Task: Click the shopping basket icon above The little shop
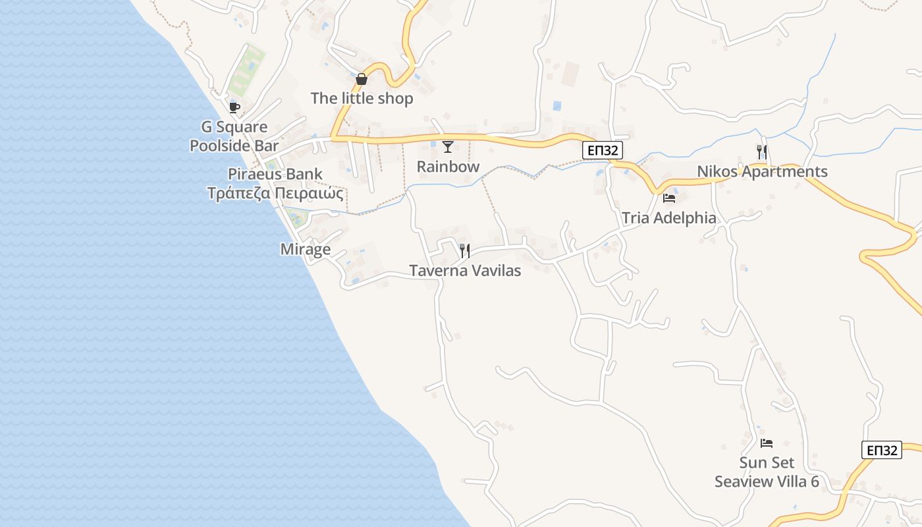point(361,80)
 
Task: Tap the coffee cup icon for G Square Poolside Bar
point(234,107)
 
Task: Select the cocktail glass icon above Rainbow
point(448,147)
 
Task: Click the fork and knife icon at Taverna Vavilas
point(465,250)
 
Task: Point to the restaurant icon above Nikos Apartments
point(762,152)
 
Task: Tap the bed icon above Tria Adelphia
point(669,198)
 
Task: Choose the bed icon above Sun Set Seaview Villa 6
point(767,443)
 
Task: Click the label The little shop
point(362,99)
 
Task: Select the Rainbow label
point(448,167)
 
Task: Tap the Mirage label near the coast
point(306,250)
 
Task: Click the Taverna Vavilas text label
point(465,271)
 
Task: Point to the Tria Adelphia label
point(668,218)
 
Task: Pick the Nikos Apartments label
point(762,172)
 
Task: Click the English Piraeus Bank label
point(275,175)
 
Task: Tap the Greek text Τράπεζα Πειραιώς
point(275,194)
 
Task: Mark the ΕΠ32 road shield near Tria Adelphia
point(603,150)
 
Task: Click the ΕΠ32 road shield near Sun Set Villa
point(881,450)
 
